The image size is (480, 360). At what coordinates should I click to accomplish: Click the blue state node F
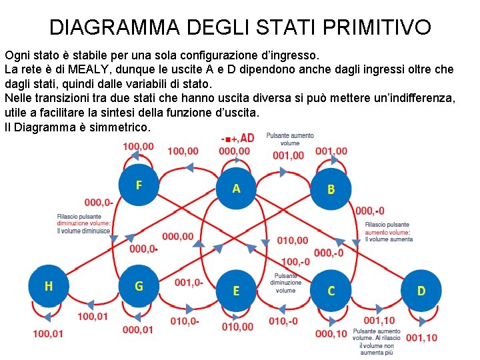coord(139,185)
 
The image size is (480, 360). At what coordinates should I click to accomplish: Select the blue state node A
coord(236,189)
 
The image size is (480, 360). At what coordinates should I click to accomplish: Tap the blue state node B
coord(331,190)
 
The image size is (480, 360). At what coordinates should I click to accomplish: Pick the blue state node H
coord(49,287)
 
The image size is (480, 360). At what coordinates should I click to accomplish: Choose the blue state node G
coord(139,287)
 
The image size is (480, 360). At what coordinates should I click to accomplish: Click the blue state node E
coord(236,291)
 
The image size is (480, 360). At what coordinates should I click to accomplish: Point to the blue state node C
coord(331,291)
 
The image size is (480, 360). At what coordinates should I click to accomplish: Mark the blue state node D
coord(421,291)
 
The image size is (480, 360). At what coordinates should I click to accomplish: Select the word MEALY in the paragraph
coord(87,69)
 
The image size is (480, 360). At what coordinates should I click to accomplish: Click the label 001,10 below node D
coord(422,337)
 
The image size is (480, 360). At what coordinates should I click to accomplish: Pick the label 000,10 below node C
coord(331,333)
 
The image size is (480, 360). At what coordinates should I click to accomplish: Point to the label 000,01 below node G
coord(138,329)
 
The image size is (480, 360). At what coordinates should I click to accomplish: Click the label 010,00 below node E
coord(237,327)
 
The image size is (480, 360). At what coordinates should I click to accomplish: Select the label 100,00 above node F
coord(138,147)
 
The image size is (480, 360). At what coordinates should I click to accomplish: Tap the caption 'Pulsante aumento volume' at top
coord(290,139)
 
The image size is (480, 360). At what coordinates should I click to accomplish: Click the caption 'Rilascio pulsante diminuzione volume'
coord(84,224)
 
